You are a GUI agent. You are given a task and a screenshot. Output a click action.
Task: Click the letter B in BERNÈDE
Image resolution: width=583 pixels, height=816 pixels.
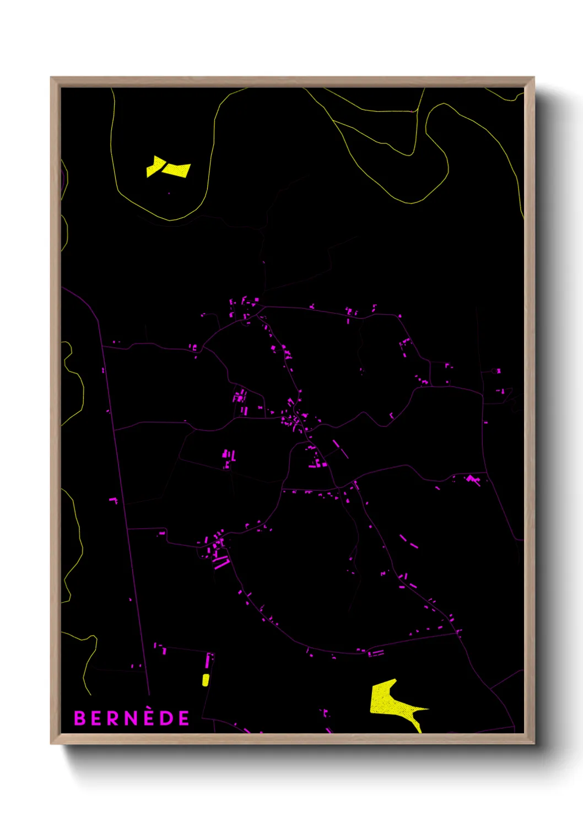pos(79,718)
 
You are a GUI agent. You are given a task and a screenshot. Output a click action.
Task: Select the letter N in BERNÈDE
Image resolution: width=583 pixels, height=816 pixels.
pos(131,718)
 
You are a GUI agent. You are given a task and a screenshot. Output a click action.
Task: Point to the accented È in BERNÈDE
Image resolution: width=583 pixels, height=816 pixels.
pos(149,717)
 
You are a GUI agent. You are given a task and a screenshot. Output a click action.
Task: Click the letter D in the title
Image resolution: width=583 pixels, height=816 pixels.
pos(166,718)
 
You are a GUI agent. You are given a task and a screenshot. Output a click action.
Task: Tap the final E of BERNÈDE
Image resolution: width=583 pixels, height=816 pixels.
pos(183,718)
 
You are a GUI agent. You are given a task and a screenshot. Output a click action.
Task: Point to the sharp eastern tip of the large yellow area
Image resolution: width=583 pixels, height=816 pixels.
pos(428,708)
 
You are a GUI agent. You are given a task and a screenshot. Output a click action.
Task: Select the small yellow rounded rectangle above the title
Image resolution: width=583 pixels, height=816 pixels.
pos(206,680)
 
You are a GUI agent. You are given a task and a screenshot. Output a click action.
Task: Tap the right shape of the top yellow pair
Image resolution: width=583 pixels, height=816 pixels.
pos(177,170)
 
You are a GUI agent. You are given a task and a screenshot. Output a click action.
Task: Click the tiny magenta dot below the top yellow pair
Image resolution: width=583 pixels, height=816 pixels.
pos(169,193)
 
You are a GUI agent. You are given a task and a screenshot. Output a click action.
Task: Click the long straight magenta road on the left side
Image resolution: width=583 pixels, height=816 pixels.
pos(124,496)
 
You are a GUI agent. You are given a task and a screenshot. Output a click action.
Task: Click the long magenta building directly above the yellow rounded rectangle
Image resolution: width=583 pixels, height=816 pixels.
pos(208,661)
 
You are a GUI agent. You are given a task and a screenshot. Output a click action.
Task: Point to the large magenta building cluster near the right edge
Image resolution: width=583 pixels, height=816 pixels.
pos(473,479)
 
